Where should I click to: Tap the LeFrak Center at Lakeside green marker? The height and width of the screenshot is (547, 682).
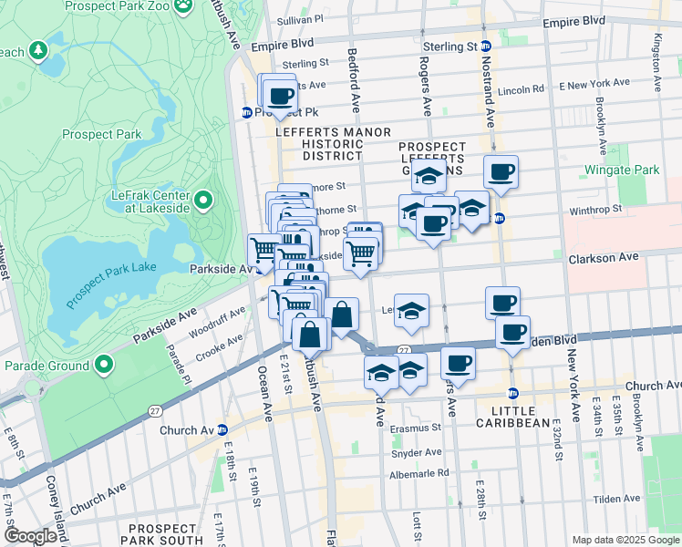(x=202, y=199)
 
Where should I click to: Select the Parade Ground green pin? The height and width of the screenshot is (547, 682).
(x=104, y=366)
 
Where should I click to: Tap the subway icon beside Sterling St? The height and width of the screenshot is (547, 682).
(x=486, y=46)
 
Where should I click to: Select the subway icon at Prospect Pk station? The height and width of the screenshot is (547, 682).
(x=246, y=112)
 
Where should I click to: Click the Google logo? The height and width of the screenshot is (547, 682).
(x=29, y=536)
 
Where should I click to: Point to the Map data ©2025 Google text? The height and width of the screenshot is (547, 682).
(x=625, y=540)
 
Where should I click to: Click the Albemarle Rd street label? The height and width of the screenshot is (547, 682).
(x=418, y=473)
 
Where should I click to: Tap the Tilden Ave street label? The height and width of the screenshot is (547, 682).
(x=617, y=499)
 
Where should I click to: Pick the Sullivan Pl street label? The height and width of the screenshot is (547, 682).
(x=300, y=18)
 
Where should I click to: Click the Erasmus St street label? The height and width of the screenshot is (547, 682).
(x=418, y=427)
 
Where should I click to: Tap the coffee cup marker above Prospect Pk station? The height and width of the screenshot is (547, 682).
(x=280, y=95)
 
